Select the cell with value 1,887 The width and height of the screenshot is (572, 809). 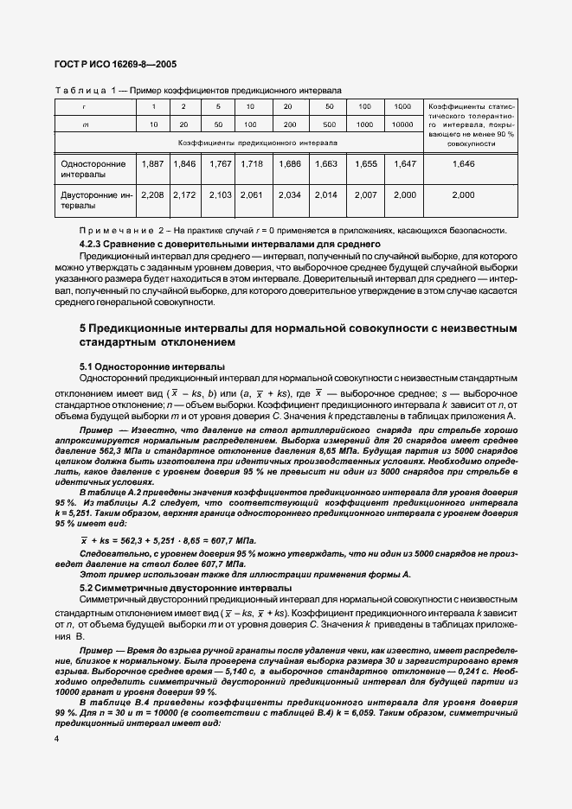point(152,163)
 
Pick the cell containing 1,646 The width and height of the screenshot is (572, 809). point(464,163)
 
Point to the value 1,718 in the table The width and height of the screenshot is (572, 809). point(250,163)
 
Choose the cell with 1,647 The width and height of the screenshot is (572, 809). point(404,163)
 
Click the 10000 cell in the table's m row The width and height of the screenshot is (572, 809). point(402,124)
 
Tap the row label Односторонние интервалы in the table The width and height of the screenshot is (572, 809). point(92,169)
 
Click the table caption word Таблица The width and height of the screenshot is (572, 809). point(80,90)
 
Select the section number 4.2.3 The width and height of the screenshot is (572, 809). point(93,245)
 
